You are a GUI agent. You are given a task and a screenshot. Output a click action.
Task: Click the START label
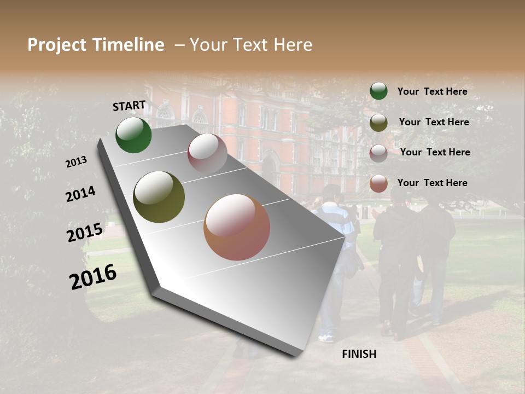129,106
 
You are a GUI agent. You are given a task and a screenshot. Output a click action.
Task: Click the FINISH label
359,354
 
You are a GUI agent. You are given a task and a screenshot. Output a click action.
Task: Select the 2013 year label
77,162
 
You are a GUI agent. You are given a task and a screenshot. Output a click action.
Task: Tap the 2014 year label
81,194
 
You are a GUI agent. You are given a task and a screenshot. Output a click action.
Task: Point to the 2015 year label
85,233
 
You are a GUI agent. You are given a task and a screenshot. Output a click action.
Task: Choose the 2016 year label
93,277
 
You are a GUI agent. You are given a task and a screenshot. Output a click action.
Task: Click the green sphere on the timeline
133,135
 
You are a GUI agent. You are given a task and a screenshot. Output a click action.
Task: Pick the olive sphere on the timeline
159,197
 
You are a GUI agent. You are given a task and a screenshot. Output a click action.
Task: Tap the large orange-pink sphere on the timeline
237,227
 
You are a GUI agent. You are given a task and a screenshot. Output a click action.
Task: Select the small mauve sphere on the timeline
207,153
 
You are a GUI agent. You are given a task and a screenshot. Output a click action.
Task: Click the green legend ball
378,91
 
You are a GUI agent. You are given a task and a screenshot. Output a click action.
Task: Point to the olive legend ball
378,123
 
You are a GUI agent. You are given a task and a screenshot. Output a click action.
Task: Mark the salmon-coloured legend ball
378,183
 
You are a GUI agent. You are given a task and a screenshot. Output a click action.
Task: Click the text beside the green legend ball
432,91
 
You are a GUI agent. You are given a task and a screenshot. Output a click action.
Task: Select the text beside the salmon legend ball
432,183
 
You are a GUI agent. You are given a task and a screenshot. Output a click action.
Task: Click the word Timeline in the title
129,45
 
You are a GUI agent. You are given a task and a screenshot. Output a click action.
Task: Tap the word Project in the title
56,45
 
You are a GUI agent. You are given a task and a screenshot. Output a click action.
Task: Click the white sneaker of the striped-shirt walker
326,338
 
